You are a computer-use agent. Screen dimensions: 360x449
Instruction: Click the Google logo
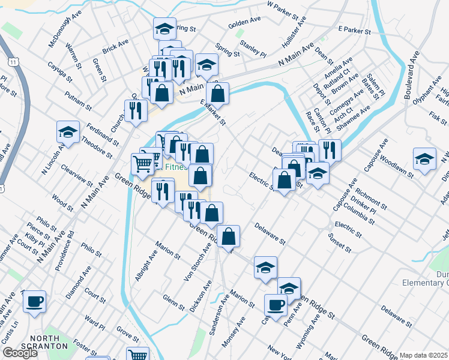[x=20, y=352]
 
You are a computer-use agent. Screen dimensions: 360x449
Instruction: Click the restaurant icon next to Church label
[x=135, y=110]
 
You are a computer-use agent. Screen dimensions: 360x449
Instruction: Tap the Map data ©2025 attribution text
[x=423, y=355]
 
